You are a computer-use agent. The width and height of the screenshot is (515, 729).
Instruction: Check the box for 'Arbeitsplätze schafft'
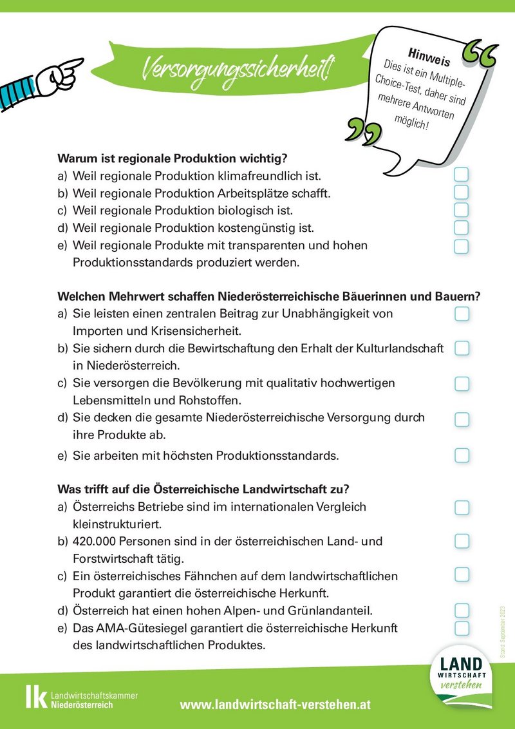pos(462,192)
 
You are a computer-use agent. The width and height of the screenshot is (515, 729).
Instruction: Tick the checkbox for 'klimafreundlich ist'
pos(462,175)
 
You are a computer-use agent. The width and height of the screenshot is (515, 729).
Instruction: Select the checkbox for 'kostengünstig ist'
pos(462,227)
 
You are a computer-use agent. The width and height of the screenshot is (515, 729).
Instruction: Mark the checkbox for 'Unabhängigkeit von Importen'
pos(462,314)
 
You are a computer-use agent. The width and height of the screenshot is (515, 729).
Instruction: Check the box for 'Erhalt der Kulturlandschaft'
pos(462,348)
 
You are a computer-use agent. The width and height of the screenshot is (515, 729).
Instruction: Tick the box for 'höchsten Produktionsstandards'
pos(462,455)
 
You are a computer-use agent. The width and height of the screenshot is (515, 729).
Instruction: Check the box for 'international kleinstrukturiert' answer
pos(462,507)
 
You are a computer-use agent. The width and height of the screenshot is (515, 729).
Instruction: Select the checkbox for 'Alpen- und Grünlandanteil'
pos(462,610)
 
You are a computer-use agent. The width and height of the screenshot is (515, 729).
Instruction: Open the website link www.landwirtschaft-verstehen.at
pos(276,705)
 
